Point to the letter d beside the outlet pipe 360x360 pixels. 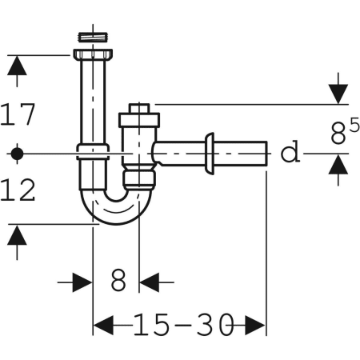click(x=290, y=151)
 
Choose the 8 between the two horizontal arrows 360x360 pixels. click(x=118, y=282)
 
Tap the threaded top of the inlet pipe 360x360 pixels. click(x=93, y=38)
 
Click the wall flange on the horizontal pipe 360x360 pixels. click(x=210, y=152)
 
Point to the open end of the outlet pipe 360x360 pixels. click(x=264, y=152)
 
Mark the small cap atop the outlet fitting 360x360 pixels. click(x=140, y=109)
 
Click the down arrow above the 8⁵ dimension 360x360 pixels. click(x=340, y=90)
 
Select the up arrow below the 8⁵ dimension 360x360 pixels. click(x=340, y=168)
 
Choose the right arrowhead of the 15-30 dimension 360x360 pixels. click(x=254, y=325)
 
